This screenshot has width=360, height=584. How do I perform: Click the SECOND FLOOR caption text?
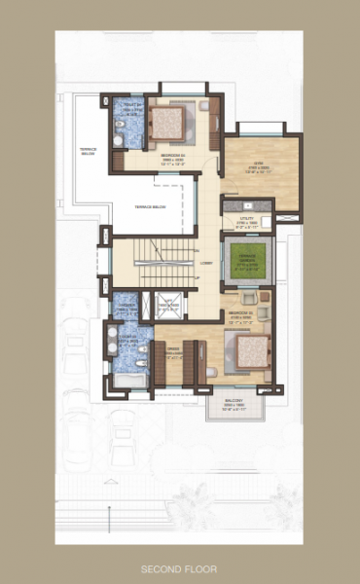tap(180, 566)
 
